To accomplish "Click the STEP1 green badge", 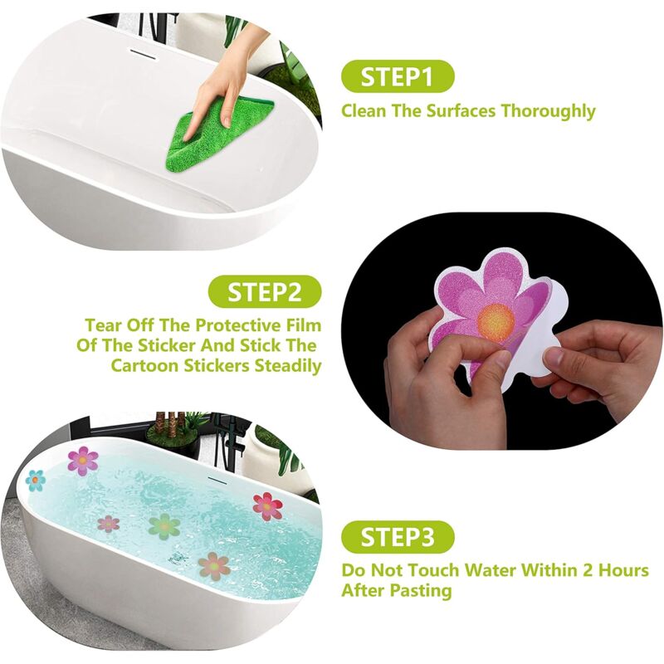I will (398, 77).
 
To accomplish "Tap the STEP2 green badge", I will (263, 291).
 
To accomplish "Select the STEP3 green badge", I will (398, 537).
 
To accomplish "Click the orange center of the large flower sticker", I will (496, 320).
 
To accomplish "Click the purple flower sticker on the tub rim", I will (83, 460).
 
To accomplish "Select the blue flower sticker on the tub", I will (35, 480).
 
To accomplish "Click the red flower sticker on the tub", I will (267, 505).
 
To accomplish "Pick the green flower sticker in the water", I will (164, 525).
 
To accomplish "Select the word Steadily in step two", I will (283, 366).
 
